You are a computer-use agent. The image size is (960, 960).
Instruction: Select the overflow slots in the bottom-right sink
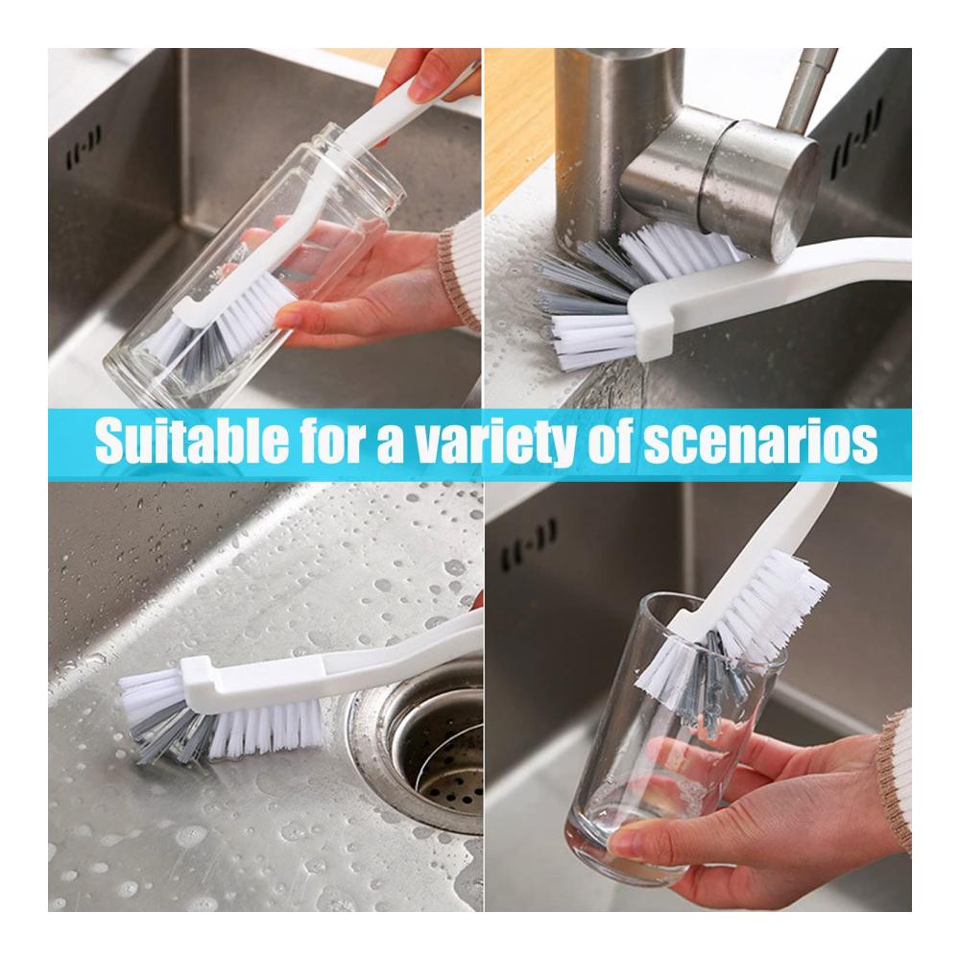coord(529,545)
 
